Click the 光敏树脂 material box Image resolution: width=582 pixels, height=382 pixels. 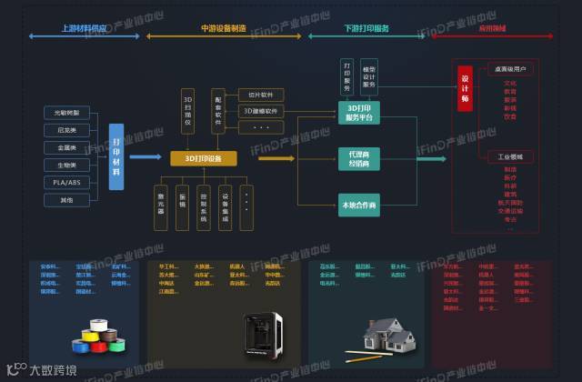click(x=67, y=113)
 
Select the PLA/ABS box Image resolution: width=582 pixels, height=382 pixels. click(x=67, y=182)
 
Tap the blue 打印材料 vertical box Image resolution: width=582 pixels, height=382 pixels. click(x=116, y=156)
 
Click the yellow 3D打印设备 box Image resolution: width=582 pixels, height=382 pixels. click(x=204, y=158)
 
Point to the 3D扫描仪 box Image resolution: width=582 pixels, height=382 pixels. click(x=188, y=108)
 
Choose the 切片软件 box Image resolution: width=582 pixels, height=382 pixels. click(x=261, y=95)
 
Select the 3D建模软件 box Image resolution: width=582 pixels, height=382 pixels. click(x=261, y=111)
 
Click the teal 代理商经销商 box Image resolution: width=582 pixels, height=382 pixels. click(x=357, y=158)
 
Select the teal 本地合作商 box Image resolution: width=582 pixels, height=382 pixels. click(x=357, y=205)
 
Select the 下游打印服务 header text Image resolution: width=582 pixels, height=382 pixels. click(x=366, y=29)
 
